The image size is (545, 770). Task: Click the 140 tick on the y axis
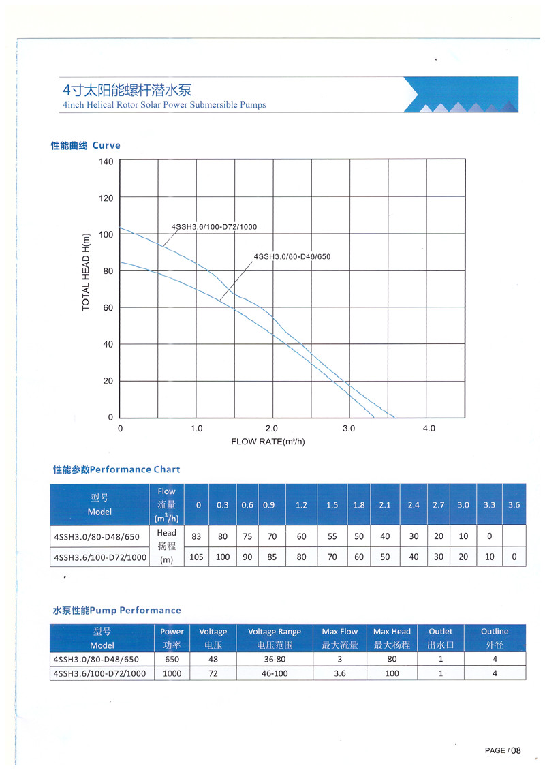coord(106,161)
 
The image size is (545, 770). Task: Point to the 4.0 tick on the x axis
coord(429,429)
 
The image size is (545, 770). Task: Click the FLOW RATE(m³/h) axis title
coord(268,442)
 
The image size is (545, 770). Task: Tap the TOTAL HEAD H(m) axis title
coord(86,272)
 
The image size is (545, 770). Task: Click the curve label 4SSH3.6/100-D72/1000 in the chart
coord(214,227)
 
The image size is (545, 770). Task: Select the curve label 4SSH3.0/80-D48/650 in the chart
coord(292,257)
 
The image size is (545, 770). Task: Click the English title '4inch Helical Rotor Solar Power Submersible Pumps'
coord(164,105)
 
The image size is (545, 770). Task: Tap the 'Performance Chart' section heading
coord(116,469)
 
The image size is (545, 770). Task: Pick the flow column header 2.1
coord(385,505)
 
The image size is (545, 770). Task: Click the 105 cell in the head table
coord(196,557)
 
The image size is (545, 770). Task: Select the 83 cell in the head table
coord(196,536)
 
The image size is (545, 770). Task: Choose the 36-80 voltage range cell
coord(274,660)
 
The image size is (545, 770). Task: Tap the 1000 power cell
coord(172,673)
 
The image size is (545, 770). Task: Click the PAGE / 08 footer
coord(502,750)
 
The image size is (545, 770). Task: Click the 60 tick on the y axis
coord(108,308)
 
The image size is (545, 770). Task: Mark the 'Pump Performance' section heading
coord(116,611)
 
